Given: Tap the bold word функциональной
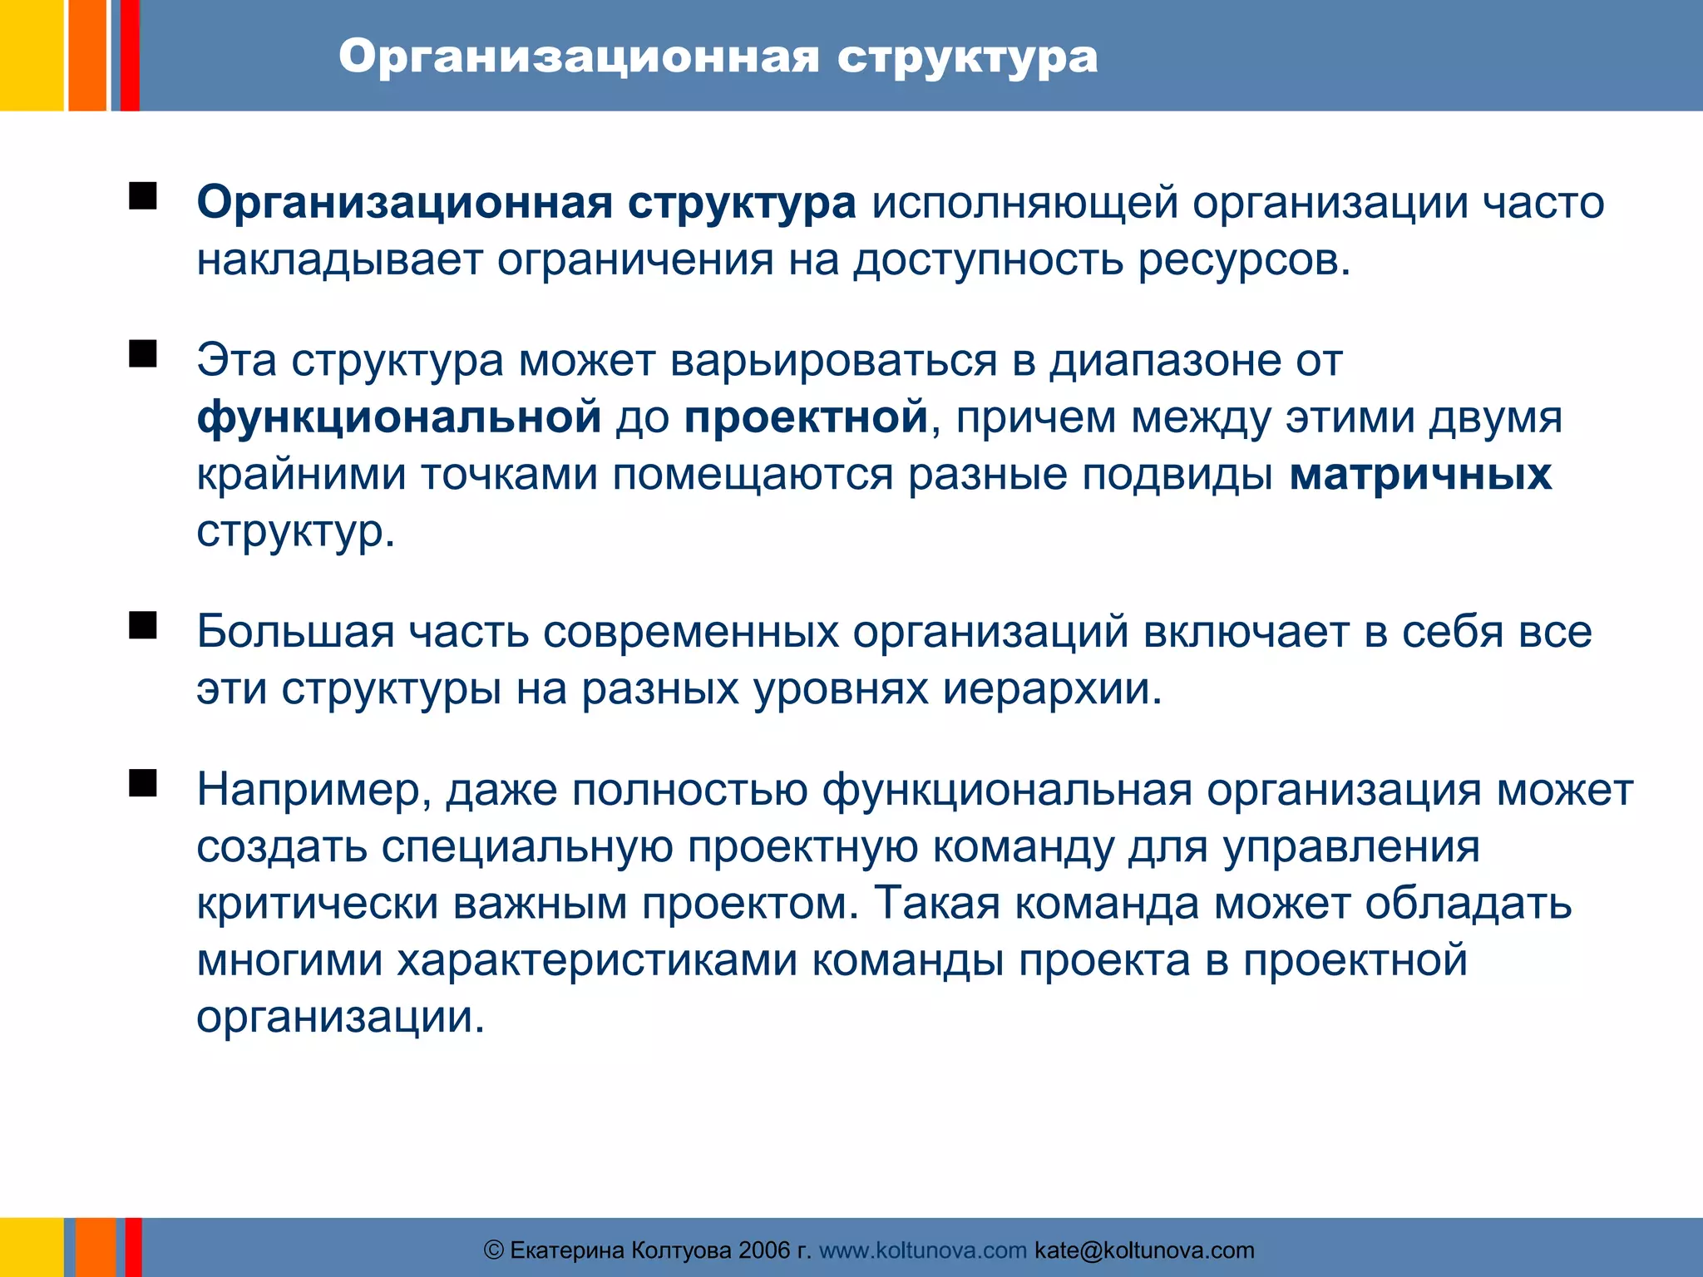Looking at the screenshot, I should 399,417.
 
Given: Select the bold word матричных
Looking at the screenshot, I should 1420,475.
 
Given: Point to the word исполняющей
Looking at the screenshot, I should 1024,204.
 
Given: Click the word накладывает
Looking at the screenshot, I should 339,260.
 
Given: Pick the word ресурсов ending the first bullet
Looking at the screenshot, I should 1243,260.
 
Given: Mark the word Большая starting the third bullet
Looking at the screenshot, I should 295,632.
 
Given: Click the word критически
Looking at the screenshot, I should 317,904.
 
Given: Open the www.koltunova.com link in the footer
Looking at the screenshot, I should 923,1250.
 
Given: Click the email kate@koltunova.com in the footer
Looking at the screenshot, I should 1144,1250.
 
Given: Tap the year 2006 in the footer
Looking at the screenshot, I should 764,1250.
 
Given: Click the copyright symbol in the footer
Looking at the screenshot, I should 494,1250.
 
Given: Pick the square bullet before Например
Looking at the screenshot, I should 143,783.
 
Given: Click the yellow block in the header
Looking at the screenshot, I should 32,55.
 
